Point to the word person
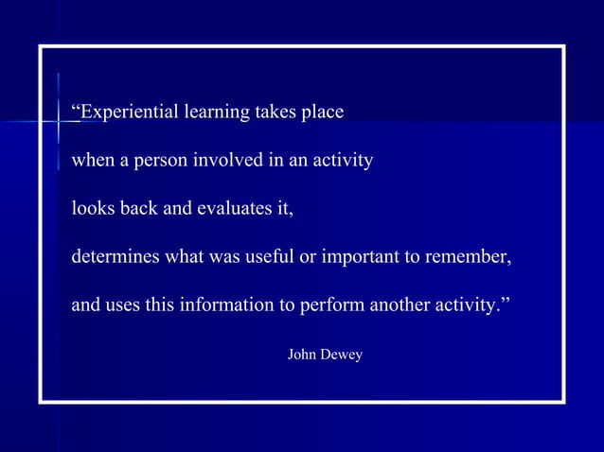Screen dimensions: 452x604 tap(161, 161)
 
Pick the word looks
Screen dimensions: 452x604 tap(93, 209)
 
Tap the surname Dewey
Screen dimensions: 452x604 tap(343, 355)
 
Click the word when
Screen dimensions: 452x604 tap(93, 161)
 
